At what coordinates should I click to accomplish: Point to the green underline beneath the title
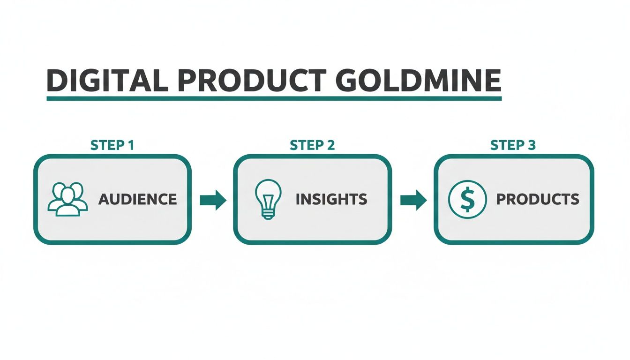click(x=274, y=98)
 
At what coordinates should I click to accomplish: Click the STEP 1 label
click(x=112, y=145)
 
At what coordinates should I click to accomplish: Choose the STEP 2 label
click(x=312, y=145)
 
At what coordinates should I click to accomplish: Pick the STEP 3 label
click(x=513, y=145)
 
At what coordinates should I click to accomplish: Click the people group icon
click(x=68, y=199)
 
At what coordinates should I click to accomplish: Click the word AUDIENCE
click(x=138, y=199)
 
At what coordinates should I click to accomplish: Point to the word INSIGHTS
click(x=331, y=199)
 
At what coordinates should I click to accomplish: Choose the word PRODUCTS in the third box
click(x=538, y=199)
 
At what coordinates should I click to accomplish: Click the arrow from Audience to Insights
click(x=213, y=200)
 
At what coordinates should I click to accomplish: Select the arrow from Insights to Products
click(x=413, y=200)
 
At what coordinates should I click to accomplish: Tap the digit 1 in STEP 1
click(x=131, y=145)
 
